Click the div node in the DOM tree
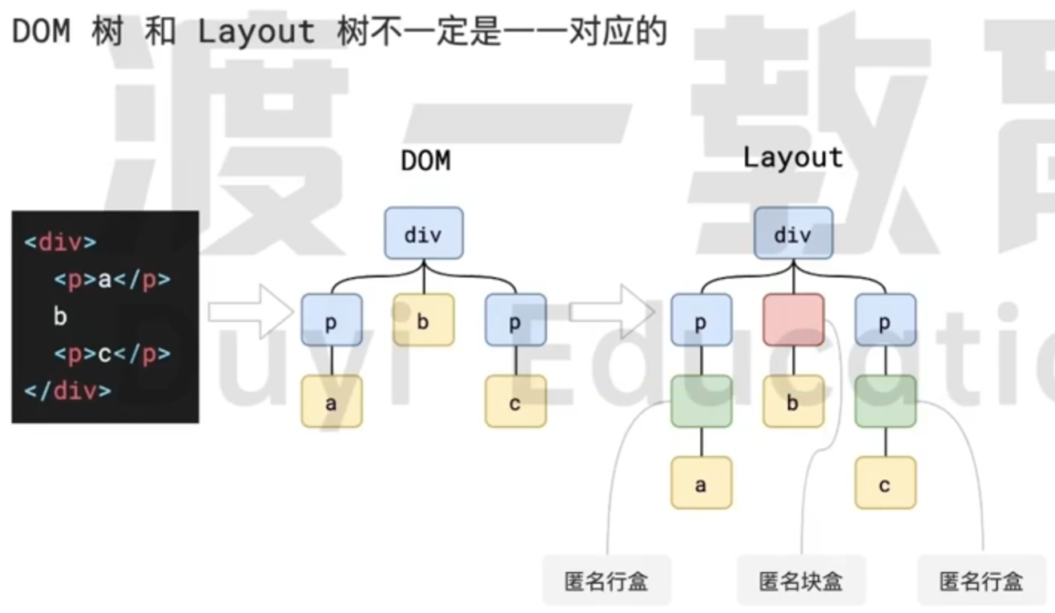point(423,233)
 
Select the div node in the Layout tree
point(793,233)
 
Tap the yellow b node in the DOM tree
point(423,320)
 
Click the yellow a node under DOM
point(332,401)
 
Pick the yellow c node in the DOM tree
point(515,401)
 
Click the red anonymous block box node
point(793,320)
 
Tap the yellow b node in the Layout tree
point(793,401)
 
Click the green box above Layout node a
point(701,401)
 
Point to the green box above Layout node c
point(884,401)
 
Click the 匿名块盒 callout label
point(801,580)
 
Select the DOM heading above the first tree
point(425,161)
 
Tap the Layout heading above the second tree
point(793,157)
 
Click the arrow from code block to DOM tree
point(251,310)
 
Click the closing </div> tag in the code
point(67,391)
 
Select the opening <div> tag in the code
point(60,242)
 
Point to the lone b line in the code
point(60,317)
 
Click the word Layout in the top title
point(256,31)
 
